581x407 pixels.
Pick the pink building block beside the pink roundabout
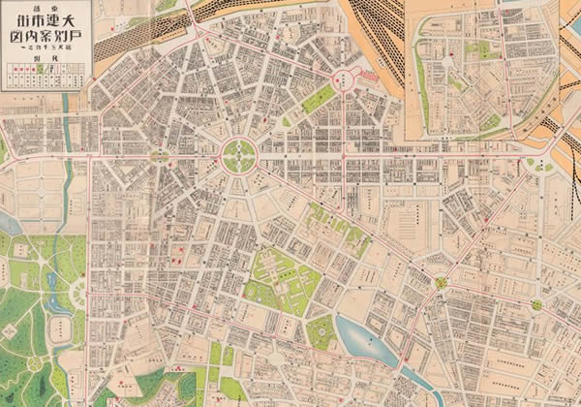pos(372,81)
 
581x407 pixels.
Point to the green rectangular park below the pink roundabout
pos(318,98)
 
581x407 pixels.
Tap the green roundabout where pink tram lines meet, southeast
pos(442,282)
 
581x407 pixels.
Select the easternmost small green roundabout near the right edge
pos(535,304)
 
